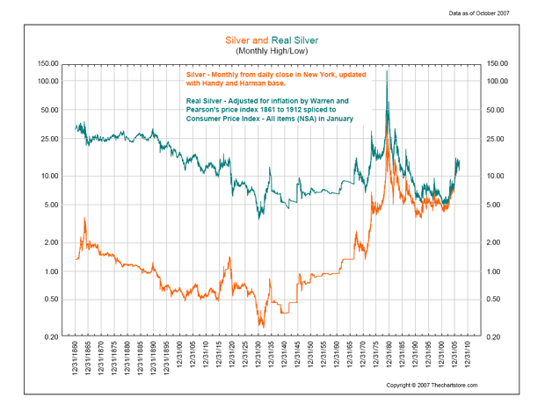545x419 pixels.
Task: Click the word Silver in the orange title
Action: coord(239,40)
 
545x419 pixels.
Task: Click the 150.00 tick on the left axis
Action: coord(47,64)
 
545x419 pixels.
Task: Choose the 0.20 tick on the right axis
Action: coord(497,337)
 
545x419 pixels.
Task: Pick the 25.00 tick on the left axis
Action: coord(47,139)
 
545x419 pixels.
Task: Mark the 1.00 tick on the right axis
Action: coord(497,271)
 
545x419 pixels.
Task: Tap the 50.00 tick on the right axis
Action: coord(497,110)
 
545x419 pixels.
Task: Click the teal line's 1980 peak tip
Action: coord(388,70)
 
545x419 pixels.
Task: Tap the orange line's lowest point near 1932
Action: coord(261,326)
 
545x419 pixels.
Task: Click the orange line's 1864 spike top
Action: coord(84,218)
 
